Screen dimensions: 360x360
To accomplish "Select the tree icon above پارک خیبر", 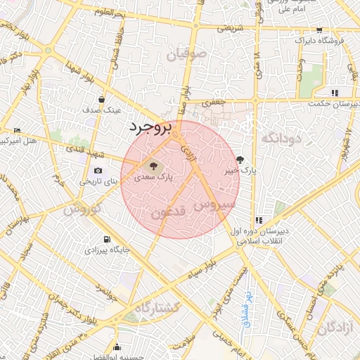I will [240, 160].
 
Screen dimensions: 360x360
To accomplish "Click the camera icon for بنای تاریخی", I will [98, 170].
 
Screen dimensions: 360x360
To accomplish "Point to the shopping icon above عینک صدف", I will [103, 99].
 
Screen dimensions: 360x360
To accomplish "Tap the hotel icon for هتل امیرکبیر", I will [18, 130].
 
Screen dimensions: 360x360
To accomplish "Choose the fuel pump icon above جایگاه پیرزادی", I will [107, 239].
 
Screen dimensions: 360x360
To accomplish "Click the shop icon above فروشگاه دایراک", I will [320, 30].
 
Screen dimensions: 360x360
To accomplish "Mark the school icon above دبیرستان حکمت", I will [335, 93].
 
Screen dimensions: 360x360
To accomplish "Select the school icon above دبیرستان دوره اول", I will [259, 220].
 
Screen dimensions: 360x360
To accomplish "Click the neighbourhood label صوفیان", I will [188, 53].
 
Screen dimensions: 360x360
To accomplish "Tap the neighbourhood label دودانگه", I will [281, 139].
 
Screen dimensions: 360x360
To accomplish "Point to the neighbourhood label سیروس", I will [215, 205].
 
